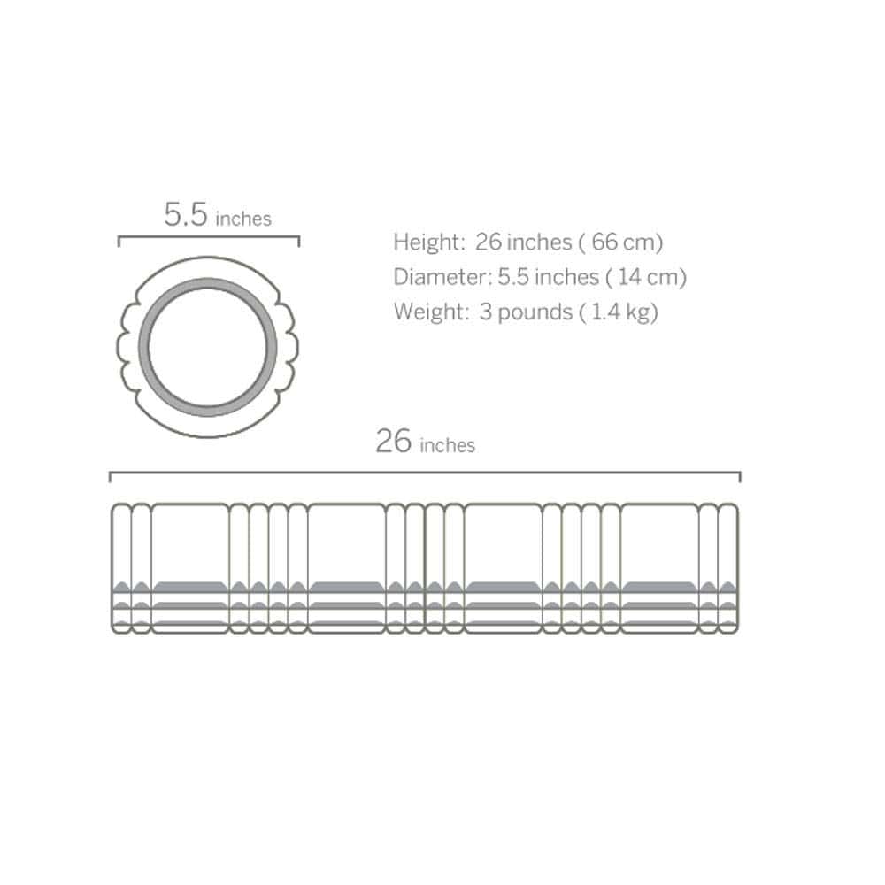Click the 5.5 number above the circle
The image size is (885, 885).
click(x=186, y=214)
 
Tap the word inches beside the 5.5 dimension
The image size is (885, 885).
click(x=243, y=219)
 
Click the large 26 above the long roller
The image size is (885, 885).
click(x=394, y=441)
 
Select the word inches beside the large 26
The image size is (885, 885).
click(x=448, y=445)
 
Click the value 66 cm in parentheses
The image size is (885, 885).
click(x=623, y=242)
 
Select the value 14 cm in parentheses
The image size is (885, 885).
click(x=648, y=277)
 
